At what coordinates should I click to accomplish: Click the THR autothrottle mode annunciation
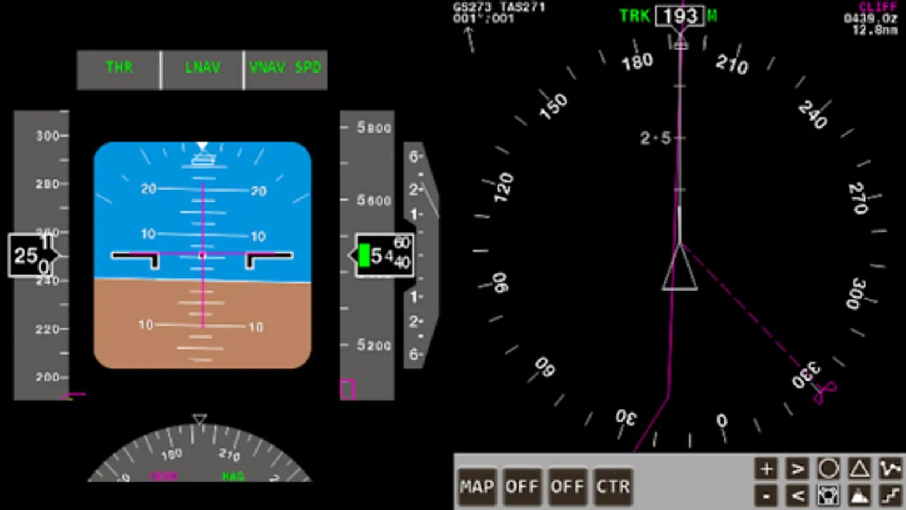(119, 67)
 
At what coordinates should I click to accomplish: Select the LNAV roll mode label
(202, 67)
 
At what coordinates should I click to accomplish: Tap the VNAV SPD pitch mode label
(285, 67)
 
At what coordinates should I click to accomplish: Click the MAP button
(477, 486)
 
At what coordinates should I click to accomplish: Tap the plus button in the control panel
(766, 469)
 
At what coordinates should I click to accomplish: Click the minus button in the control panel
(766, 496)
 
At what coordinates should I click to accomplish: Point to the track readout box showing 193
(679, 16)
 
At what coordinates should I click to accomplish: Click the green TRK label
(634, 16)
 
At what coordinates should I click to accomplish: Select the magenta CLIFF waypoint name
(877, 7)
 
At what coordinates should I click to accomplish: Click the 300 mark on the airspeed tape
(48, 136)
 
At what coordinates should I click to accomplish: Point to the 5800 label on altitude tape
(374, 127)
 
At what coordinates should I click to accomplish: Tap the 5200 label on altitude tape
(374, 345)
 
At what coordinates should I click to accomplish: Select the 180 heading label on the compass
(637, 61)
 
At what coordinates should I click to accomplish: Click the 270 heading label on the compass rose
(858, 198)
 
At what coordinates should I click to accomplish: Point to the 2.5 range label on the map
(655, 138)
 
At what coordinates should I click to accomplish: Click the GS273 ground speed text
(472, 7)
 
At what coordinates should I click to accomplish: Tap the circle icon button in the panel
(828, 469)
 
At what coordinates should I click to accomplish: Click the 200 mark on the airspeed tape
(48, 377)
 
